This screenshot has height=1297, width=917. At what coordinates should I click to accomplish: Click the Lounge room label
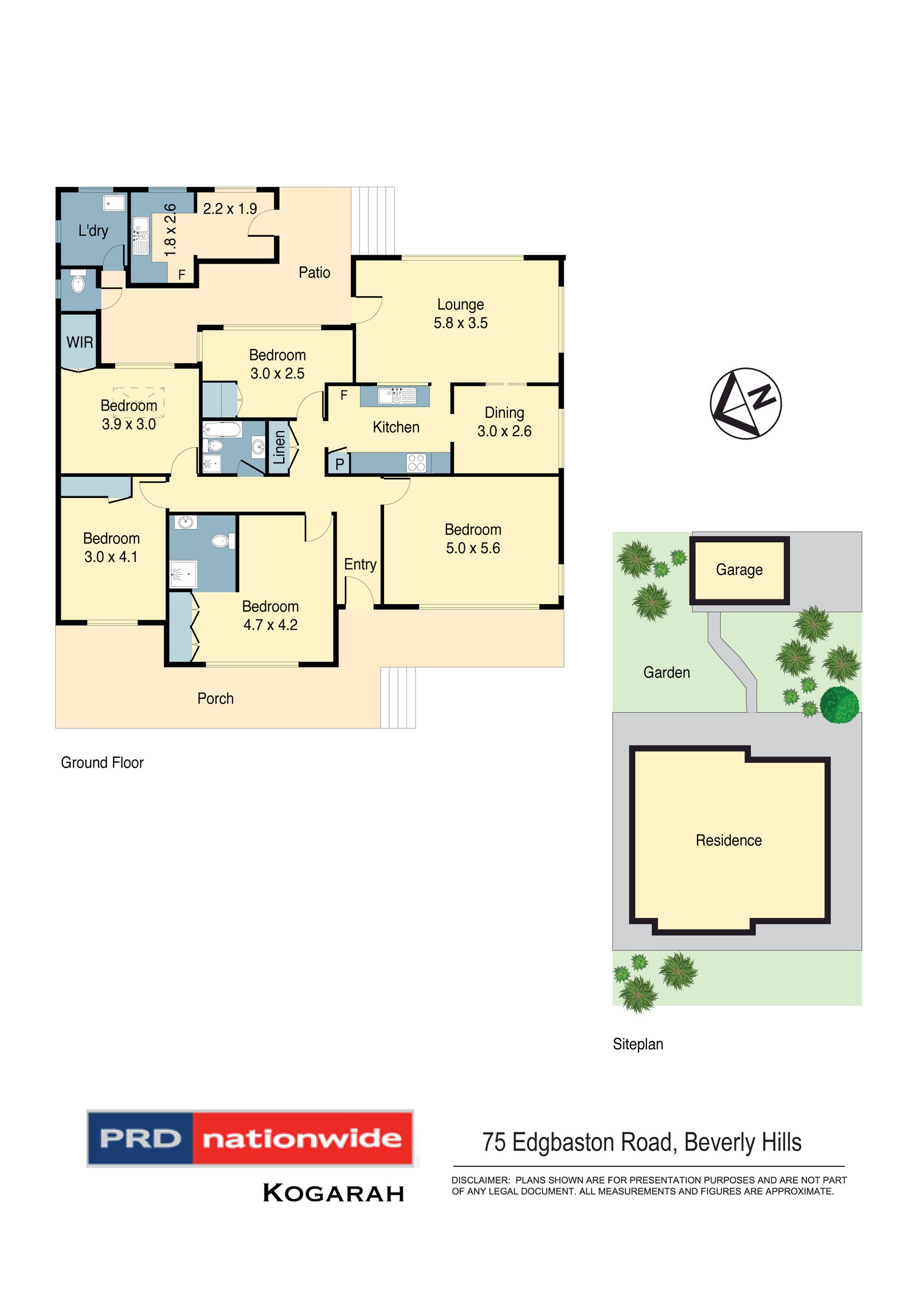[460, 304]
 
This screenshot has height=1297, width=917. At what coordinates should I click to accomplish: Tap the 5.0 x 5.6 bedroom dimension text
[473, 548]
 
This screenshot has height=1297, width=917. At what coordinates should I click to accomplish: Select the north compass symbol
[745, 403]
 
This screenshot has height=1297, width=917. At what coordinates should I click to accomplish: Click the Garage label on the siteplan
[739, 570]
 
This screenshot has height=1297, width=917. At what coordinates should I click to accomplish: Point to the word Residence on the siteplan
[728, 840]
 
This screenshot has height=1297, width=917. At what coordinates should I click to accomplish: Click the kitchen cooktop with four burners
[416, 463]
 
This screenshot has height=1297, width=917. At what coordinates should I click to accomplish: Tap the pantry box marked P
[339, 464]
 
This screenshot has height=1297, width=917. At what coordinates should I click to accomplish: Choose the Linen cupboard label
[279, 448]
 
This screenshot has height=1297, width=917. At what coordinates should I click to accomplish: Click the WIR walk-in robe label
[80, 343]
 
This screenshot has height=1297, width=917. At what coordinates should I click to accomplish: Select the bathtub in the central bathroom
[222, 429]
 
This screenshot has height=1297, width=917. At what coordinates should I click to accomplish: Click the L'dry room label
[93, 231]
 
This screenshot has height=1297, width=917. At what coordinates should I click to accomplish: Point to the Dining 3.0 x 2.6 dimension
[504, 431]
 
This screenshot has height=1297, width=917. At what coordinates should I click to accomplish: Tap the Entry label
[360, 565]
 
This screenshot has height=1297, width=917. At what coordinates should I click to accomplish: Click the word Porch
[215, 699]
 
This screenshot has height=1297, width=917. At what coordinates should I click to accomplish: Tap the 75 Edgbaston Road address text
[641, 1143]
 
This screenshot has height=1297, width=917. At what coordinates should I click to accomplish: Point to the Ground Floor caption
[102, 763]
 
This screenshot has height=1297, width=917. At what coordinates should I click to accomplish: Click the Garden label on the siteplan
[666, 672]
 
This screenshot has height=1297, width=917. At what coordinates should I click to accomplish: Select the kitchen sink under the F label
[396, 396]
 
